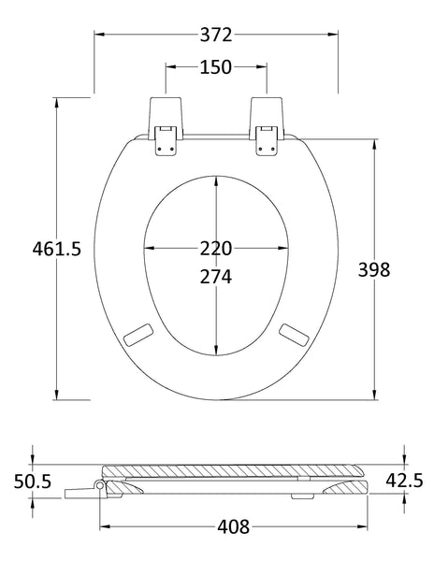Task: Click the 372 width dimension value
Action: tap(216, 35)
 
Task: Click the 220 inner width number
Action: tap(216, 249)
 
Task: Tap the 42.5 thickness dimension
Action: tap(404, 481)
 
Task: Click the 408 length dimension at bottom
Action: tap(232, 525)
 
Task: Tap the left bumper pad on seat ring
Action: tap(141, 332)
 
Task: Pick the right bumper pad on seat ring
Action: tap(293, 332)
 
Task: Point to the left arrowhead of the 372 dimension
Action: tap(98, 35)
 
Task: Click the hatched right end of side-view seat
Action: tap(351, 484)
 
